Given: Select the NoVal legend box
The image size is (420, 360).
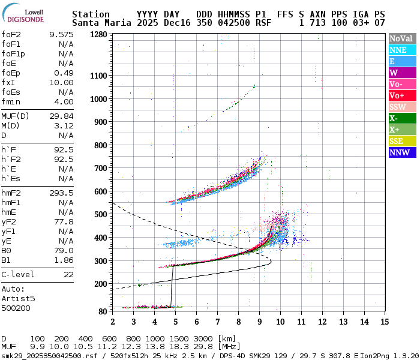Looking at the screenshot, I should click(400, 38).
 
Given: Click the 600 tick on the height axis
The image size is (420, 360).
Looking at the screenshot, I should click(101, 191).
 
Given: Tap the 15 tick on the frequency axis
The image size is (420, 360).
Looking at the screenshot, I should click(384, 322).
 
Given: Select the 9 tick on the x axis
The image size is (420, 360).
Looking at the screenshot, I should click(259, 322).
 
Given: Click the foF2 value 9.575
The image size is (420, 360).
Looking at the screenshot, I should click(61, 34).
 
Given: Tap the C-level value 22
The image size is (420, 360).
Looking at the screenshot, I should click(68, 274).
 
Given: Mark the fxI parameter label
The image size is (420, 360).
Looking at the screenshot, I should click(8, 82).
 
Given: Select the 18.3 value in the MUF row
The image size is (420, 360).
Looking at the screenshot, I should click(181, 347).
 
